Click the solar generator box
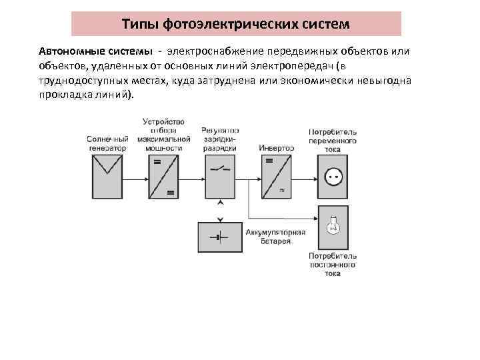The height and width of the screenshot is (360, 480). (107, 177)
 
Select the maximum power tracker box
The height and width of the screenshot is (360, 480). (163, 177)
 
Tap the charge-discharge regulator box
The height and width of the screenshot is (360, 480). (220, 177)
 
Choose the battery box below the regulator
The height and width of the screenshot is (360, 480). (220, 237)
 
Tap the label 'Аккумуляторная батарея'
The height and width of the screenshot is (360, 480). (275, 236)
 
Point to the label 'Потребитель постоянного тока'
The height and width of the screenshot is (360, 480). (333, 265)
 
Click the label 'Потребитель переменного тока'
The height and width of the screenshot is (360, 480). (333, 141)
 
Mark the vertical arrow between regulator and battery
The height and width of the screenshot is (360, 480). (220, 209)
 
